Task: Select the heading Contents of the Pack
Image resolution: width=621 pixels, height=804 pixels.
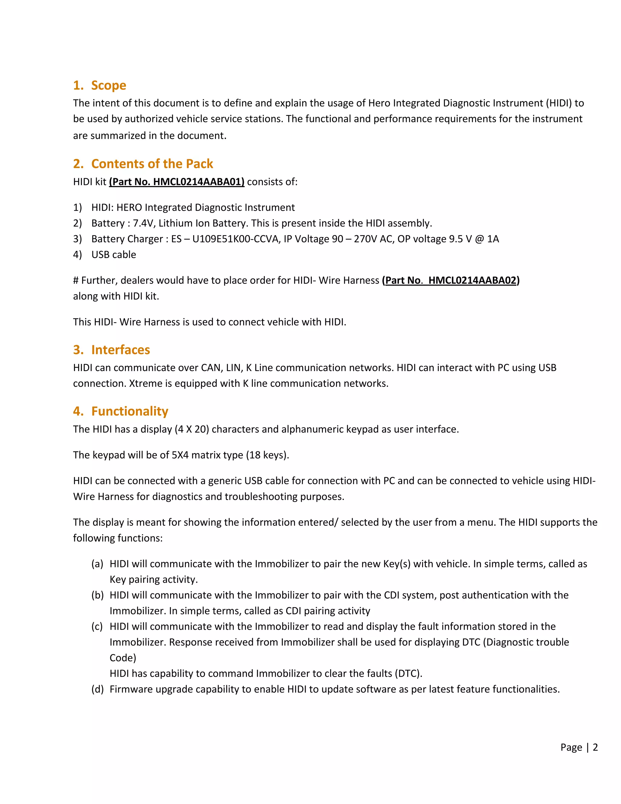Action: pos(152,164)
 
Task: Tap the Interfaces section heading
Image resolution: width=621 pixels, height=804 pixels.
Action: pos(120,350)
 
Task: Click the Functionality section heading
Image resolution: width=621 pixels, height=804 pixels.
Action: pos(129,411)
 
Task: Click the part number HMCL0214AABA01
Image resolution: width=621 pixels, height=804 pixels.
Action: pos(199,182)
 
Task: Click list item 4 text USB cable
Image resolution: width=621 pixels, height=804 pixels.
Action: pos(114,255)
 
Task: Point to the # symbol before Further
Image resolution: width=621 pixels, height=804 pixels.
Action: pos(76,281)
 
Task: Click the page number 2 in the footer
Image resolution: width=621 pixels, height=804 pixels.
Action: pos(595,747)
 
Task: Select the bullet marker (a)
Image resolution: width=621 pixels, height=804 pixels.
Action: pos(98,564)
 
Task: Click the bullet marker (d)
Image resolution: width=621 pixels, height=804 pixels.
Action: pos(98,689)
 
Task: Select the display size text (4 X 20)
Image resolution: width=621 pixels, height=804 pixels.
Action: pos(192,429)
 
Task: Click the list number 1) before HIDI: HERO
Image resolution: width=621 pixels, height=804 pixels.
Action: pos(77,208)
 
